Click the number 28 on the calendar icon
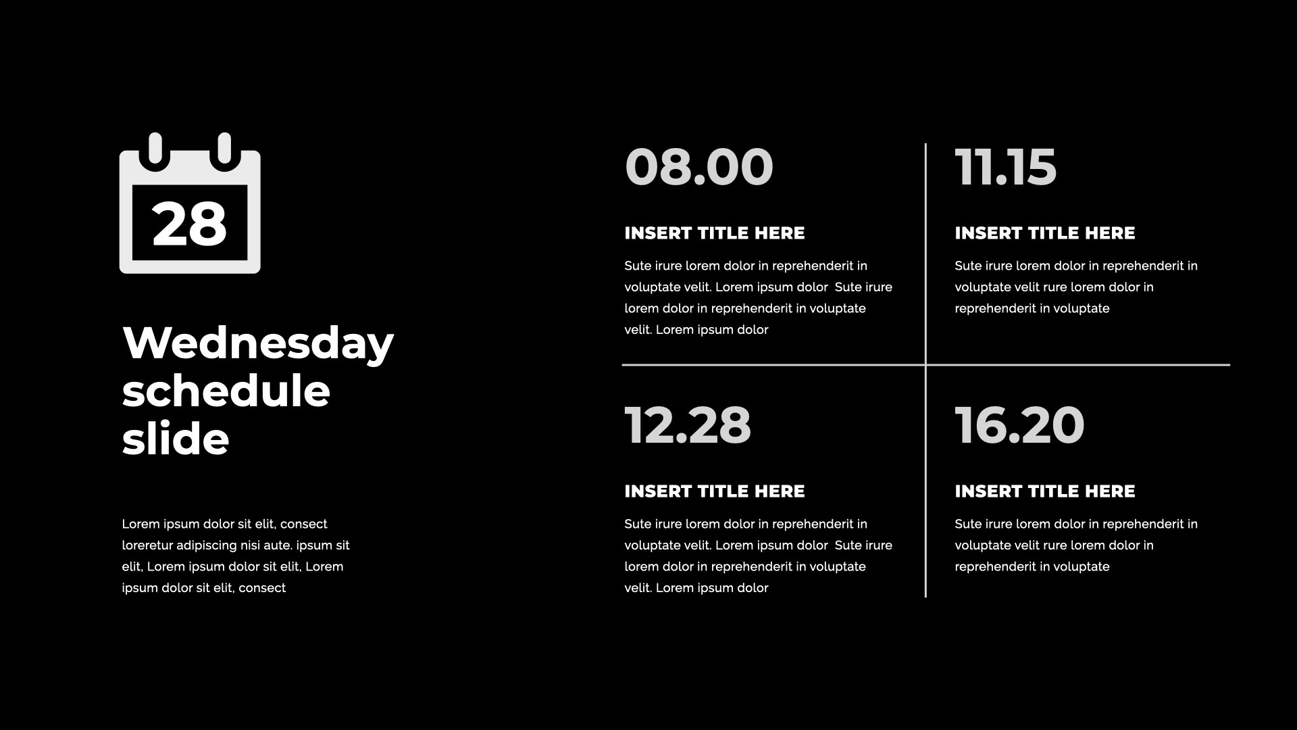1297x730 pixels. click(189, 224)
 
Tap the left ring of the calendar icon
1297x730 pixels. click(155, 148)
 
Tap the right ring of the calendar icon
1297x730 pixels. click(224, 148)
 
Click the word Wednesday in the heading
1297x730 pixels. click(258, 343)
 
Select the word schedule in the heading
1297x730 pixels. click(226, 391)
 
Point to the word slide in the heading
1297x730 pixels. click(176, 439)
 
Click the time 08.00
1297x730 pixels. click(699, 167)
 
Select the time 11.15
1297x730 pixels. click(1006, 167)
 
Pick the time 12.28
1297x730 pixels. click(688, 425)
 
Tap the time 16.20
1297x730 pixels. click(1020, 425)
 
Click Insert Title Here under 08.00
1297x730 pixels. click(715, 233)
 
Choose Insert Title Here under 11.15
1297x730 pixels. click(1045, 233)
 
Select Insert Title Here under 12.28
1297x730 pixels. click(715, 491)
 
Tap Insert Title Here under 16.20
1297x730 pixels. click(1045, 491)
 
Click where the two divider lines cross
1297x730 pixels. click(925, 365)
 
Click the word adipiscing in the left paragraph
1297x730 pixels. click(206, 546)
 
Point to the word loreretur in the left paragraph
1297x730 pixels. click(147, 545)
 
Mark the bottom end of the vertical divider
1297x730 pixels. click(925, 597)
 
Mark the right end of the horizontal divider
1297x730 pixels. click(1229, 365)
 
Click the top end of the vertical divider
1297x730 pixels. click(925, 143)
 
